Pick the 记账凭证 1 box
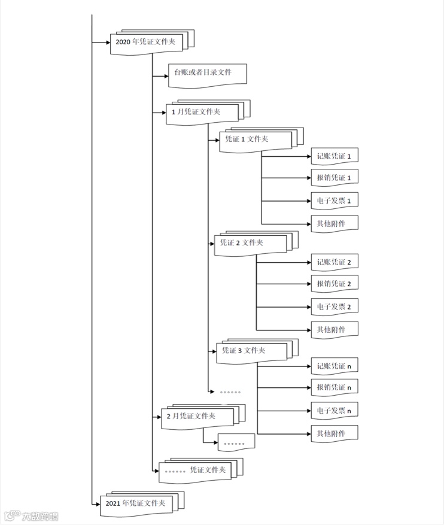coord(334,156)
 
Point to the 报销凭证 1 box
coord(334,178)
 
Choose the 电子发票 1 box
coord(334,201)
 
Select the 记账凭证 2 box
coord(334,262)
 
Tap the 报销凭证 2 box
coord(334,284)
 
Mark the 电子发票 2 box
coord(334,307)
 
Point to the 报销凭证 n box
coord(334,388)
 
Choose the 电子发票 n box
coord(334,411)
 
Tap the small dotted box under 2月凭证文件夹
coord(236,442)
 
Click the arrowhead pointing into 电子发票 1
coord(307,201)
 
